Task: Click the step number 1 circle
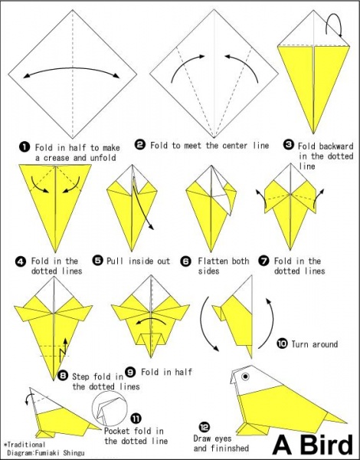point(25,146)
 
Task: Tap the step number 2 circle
point(140,145)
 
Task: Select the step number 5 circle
point(97,260)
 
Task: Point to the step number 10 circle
point(282,343)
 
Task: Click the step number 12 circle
point(205,427)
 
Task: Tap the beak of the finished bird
point(233,378)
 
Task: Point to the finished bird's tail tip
point(345,422)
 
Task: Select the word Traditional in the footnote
point(26,445)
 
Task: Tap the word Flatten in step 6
point(211,261)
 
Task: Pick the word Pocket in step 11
point(116,431)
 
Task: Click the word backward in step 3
point(336,146)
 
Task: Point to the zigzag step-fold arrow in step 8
point(64,350)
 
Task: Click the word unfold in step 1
point(103,157)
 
